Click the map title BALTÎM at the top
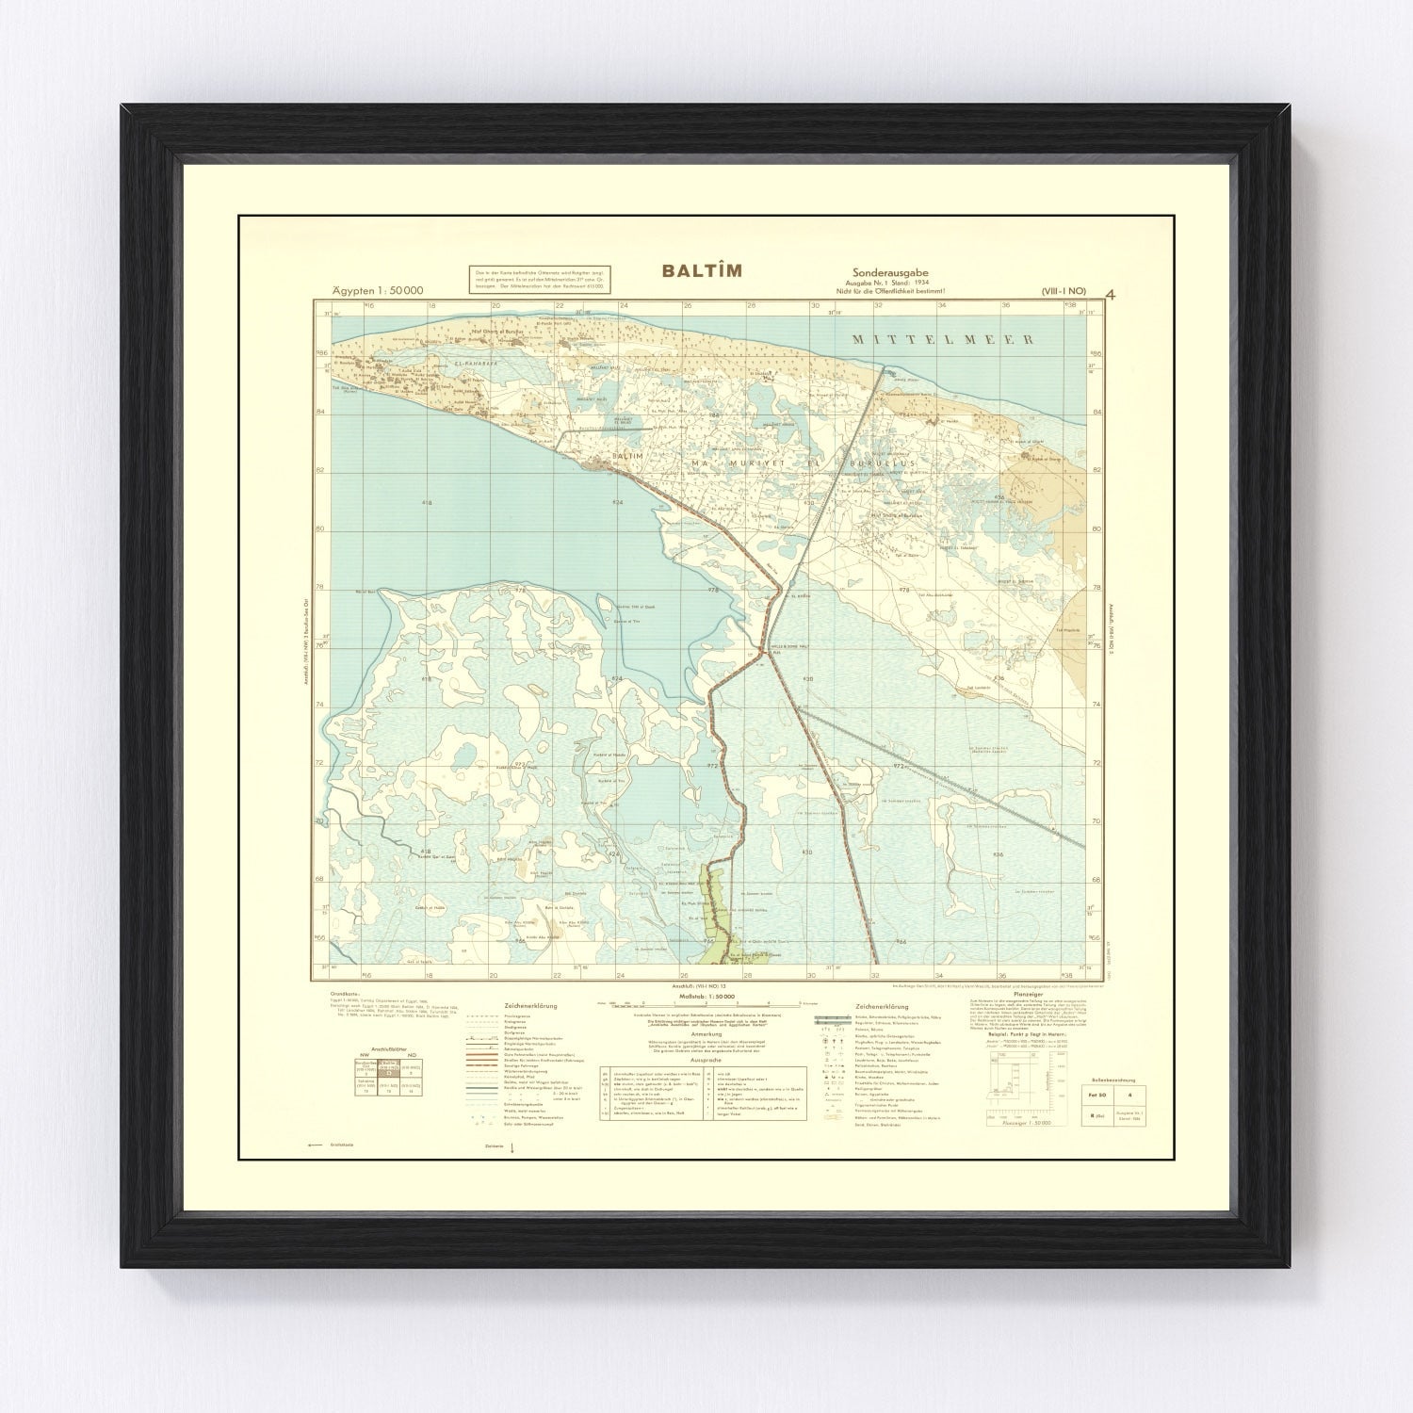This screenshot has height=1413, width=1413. pyautogui.click(x=701, y=271)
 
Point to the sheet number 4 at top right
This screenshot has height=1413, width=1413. pyautogui.click(x=1112, y=292)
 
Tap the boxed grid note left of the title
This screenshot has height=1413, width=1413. pyautogui.click(x=529, y=280)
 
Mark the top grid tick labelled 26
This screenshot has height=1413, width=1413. pyautogui.click(x=687, y=305)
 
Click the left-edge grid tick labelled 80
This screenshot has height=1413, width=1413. pyautogui.click(x=321, y=528)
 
